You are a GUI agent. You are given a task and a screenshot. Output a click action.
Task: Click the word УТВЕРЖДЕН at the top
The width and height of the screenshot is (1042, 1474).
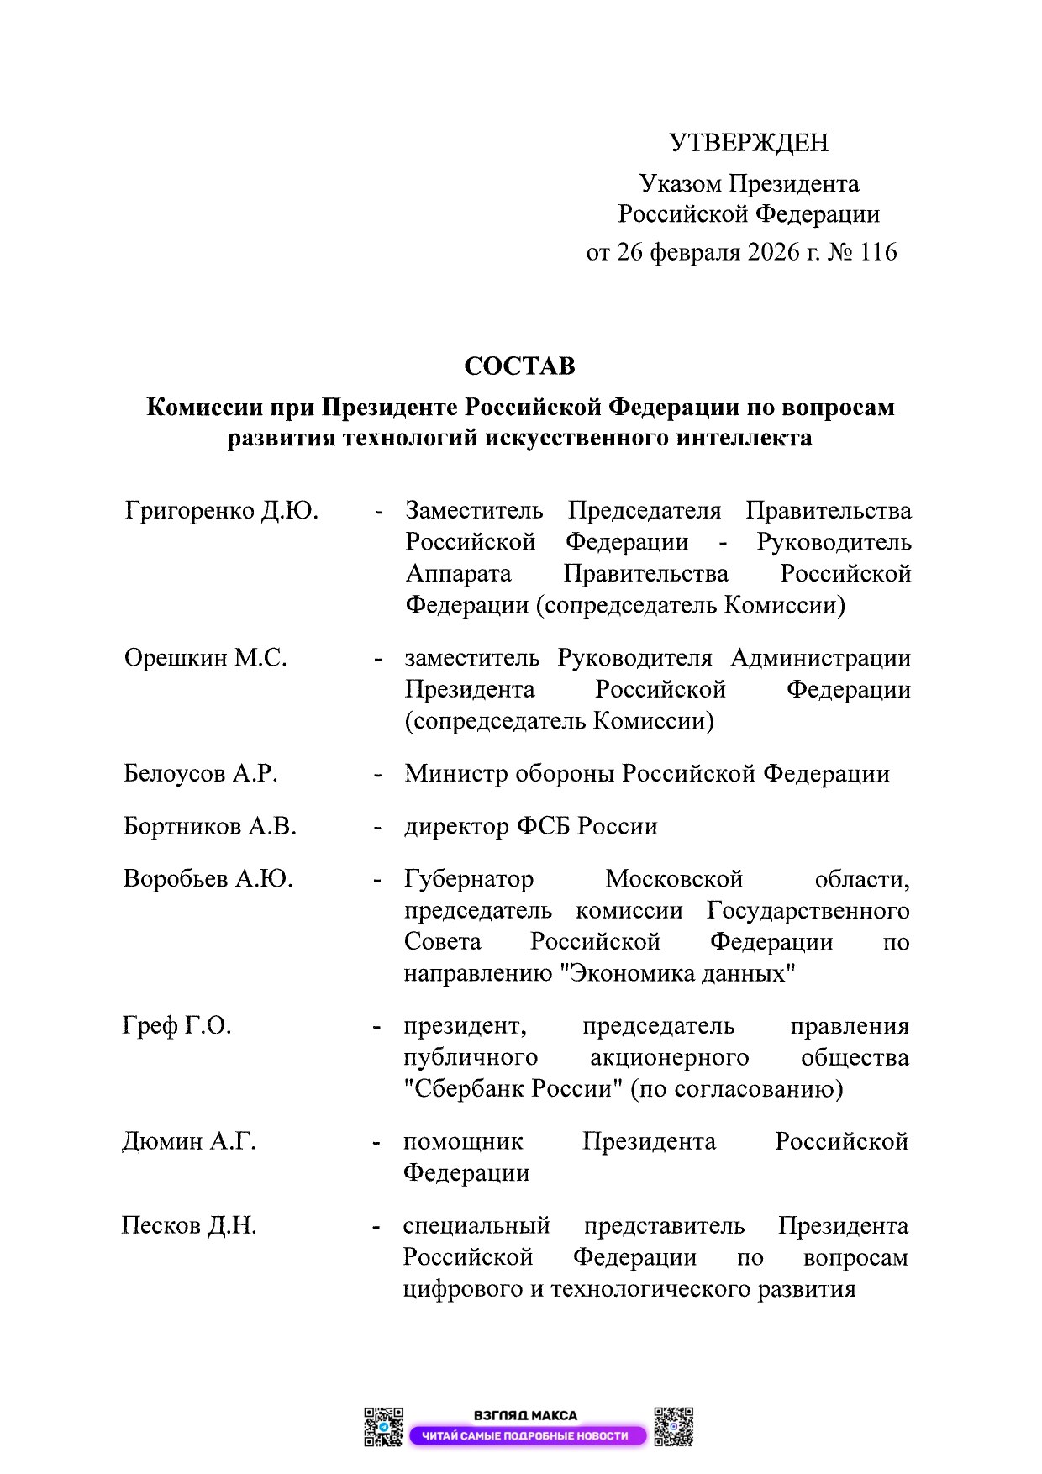748,143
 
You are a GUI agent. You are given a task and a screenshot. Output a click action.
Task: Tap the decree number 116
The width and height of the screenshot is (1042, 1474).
878,252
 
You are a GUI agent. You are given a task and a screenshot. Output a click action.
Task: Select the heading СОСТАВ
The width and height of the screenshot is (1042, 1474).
519,366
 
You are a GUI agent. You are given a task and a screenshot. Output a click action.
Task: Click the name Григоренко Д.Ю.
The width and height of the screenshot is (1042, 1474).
222,511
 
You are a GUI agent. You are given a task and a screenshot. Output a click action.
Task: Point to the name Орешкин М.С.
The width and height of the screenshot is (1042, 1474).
206,658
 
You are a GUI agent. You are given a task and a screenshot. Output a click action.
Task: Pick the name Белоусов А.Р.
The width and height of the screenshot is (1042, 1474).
201,773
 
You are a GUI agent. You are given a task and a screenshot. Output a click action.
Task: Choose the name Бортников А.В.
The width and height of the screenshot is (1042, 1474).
210,826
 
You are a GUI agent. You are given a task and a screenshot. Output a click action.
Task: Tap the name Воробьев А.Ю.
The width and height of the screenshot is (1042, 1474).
208,879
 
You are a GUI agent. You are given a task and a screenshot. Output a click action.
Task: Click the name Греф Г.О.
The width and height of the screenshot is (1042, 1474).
176,1026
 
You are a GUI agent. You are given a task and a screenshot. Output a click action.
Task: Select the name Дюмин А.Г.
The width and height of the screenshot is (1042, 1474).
189,1141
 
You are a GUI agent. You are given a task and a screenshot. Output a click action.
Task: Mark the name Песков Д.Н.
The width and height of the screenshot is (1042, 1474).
189,1226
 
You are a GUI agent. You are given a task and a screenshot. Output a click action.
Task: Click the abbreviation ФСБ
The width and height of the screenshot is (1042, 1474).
543,826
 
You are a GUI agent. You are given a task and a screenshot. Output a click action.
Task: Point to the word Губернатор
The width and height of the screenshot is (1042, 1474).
469,879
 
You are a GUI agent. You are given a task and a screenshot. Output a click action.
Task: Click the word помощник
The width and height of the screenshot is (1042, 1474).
463,1141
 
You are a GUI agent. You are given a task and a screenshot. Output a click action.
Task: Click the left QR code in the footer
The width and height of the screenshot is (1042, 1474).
383,1427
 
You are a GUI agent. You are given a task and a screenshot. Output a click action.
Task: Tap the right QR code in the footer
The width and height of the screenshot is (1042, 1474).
673,1427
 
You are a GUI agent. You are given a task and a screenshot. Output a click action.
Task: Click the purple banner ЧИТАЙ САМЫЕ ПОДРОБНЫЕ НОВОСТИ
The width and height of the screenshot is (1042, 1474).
526,1436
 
